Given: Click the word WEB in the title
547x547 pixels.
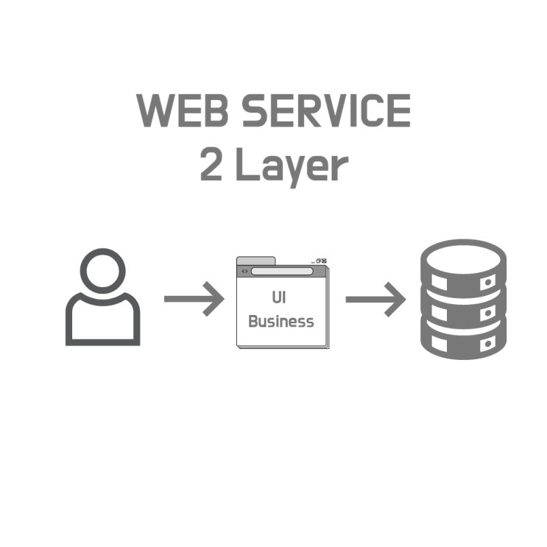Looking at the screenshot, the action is pos(182,110).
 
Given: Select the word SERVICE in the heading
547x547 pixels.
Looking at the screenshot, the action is pos(326,110).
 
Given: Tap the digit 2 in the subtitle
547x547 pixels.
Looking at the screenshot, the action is pos(211,163).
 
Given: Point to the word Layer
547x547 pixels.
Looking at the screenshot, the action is pos(292,167).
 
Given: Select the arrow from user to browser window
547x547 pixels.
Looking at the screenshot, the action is pos(194,299).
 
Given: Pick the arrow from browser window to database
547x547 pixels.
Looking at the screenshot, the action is pos(375,300).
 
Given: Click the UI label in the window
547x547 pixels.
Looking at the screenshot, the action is pos(279,297).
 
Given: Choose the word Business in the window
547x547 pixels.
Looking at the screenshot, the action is pos(281,321).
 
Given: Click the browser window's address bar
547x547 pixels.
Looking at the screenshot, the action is pos(282,271).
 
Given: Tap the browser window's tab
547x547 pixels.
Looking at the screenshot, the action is pos(256,261).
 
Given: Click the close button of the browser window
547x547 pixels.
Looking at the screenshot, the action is pos(324,261).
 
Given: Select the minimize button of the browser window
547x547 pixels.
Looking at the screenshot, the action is pos(313,262).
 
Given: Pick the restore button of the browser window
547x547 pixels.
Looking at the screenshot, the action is pos(319,261).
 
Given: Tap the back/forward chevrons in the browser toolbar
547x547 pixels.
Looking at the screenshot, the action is pos(244,271).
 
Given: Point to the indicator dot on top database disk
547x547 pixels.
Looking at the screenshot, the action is pos(488,282).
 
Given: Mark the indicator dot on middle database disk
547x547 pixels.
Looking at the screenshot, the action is pos(488,313).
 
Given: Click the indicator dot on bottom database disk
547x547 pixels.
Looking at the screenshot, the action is pos(488,344).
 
